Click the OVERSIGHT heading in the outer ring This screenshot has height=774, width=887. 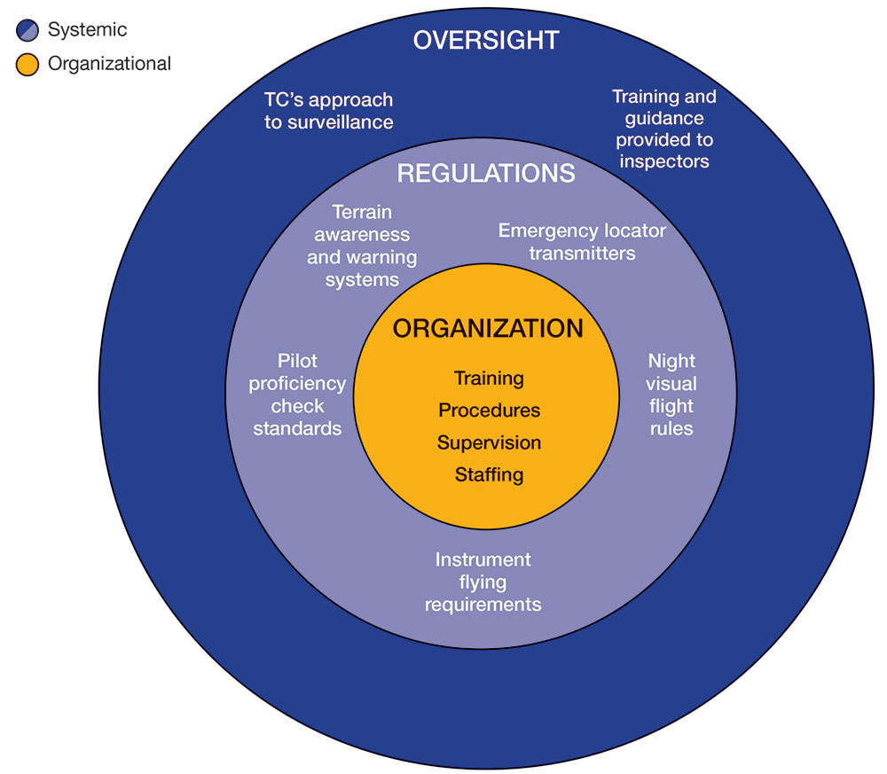coord(486,40)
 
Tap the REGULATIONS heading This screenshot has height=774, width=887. coord(486,173)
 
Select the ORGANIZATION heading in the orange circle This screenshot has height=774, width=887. coord(488,329)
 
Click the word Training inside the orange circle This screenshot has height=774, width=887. coord(489,379)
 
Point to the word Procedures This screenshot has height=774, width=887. coord(489,410)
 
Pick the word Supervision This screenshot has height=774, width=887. coord(489,442)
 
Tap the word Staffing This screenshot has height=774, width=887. coord(489,474)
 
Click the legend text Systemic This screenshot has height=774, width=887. coord(87,30)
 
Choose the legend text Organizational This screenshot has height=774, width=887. coord(109,64)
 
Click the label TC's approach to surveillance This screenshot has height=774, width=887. coord(328,111)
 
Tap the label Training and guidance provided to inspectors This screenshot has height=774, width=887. coord(664,129)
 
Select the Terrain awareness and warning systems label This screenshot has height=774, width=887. coord(362,246)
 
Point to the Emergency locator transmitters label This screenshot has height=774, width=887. coord(582,242)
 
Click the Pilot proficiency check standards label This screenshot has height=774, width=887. coord(297,395)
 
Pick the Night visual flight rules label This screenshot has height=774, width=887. coord(671,395)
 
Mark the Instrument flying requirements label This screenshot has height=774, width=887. coord(483,582)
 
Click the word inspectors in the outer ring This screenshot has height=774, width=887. coord(664,161)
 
